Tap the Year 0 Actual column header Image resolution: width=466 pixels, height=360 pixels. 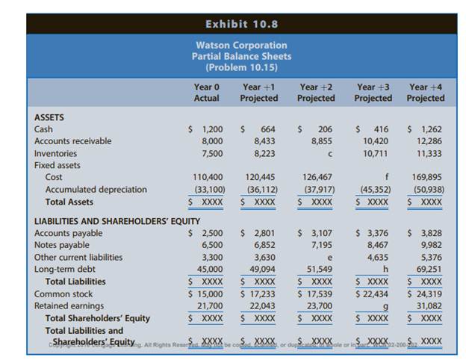(206, 93)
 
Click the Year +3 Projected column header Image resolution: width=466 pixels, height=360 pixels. (373, 93)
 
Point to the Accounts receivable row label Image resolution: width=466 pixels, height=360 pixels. (73, 140)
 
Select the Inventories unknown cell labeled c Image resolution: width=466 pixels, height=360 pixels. (329, 153)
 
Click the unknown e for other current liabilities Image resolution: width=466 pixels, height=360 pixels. (329, 257)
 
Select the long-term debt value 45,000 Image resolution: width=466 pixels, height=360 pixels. (209, 269)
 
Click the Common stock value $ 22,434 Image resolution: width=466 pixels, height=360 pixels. (373, 294)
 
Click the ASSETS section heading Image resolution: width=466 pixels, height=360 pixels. (49, 117)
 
